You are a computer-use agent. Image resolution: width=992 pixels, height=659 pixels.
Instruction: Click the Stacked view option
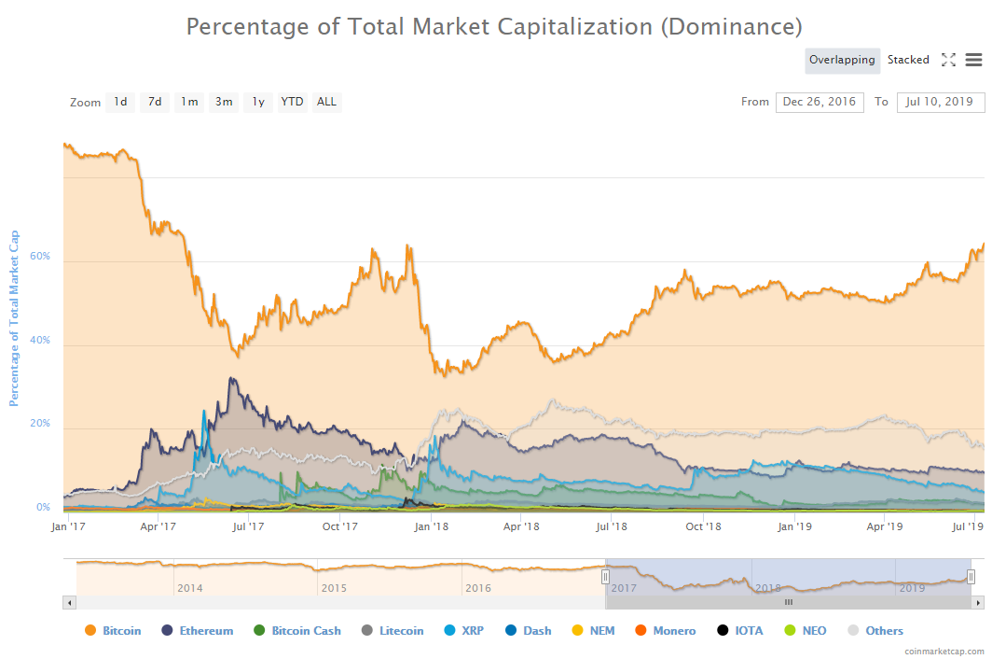908,60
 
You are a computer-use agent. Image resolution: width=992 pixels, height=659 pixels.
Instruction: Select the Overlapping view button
842,60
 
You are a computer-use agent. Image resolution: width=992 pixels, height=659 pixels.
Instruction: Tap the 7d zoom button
155,102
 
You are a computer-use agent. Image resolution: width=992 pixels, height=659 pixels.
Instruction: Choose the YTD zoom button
292,102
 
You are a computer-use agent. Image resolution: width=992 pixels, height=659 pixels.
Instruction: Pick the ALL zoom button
326,102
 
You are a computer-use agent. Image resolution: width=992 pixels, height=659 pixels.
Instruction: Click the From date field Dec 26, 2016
820,102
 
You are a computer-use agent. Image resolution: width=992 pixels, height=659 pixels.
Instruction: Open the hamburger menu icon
973,60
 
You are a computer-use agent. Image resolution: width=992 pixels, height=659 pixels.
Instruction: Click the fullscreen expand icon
948,60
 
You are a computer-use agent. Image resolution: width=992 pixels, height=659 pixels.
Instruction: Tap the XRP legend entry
472,631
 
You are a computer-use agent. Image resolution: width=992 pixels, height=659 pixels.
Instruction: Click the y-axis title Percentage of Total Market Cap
14,317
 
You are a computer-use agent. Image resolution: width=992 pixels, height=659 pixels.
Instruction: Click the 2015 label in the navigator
335,588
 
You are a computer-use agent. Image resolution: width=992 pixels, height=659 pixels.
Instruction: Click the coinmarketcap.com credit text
944,651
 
